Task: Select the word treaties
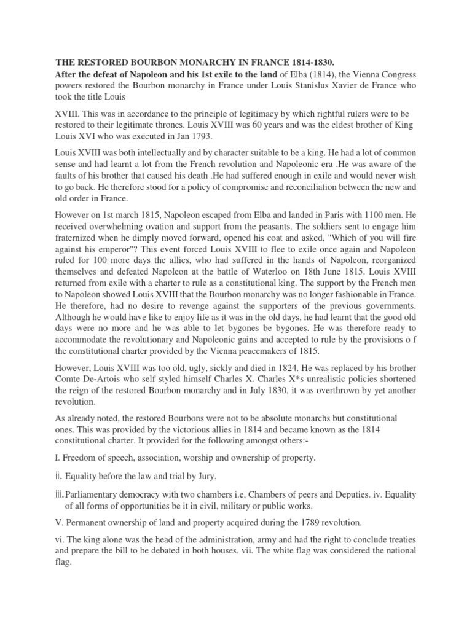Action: pyautogui.click(x=400, y=537)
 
